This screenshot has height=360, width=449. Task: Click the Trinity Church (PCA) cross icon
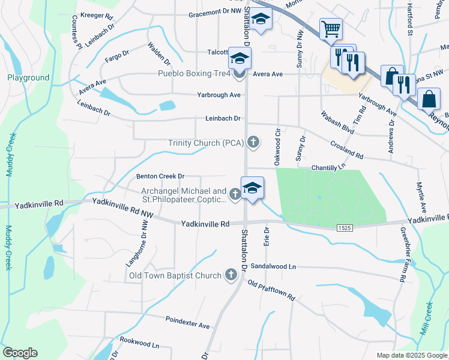click(x=254, y=142)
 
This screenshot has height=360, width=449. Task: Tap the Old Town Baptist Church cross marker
click(x=231, y=275)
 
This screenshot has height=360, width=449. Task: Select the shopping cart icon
click(x=331, y=28)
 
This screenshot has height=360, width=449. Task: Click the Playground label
click(x=28, y=77)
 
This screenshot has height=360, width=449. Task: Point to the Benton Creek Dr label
click(x=160, y=176)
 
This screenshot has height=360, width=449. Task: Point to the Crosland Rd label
click(x=347, y=150)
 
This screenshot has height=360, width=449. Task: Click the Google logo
click(x=20, y=353)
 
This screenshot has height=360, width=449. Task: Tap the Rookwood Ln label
click(x=139, y=346)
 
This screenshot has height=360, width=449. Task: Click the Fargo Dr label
click(x=117, y=56)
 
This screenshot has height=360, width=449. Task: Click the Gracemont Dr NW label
click(x=215, y=15)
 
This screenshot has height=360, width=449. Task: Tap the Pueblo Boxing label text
click(x=194, y=74)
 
